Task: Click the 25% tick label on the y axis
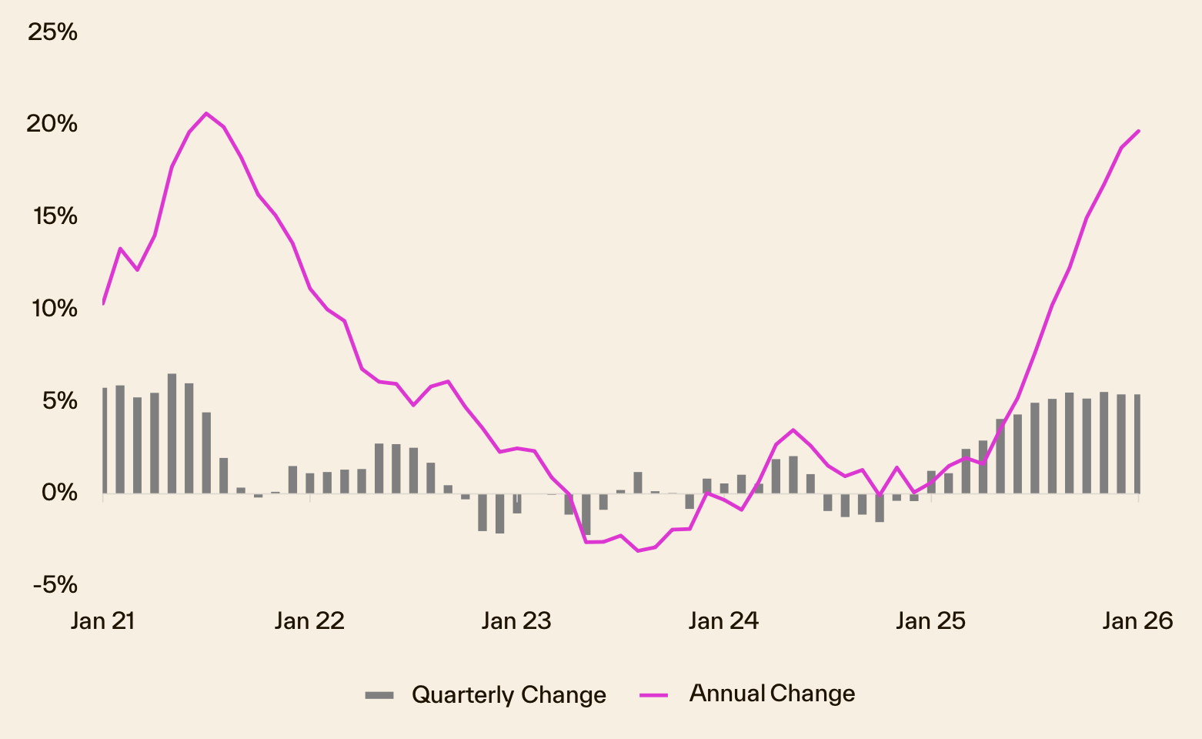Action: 52,32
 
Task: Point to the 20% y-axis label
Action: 52,124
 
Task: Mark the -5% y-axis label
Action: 55,585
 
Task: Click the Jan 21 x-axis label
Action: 102,621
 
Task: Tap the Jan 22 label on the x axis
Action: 309,621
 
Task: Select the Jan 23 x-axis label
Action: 516,621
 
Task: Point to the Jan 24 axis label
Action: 723,621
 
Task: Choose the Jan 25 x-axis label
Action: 930,621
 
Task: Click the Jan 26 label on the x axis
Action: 1137,621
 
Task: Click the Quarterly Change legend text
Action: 509,695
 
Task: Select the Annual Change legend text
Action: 772,694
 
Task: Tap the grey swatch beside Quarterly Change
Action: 379,695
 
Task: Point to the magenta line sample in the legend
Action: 653,694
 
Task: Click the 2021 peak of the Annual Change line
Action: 206,113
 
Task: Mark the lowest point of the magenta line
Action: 637,550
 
